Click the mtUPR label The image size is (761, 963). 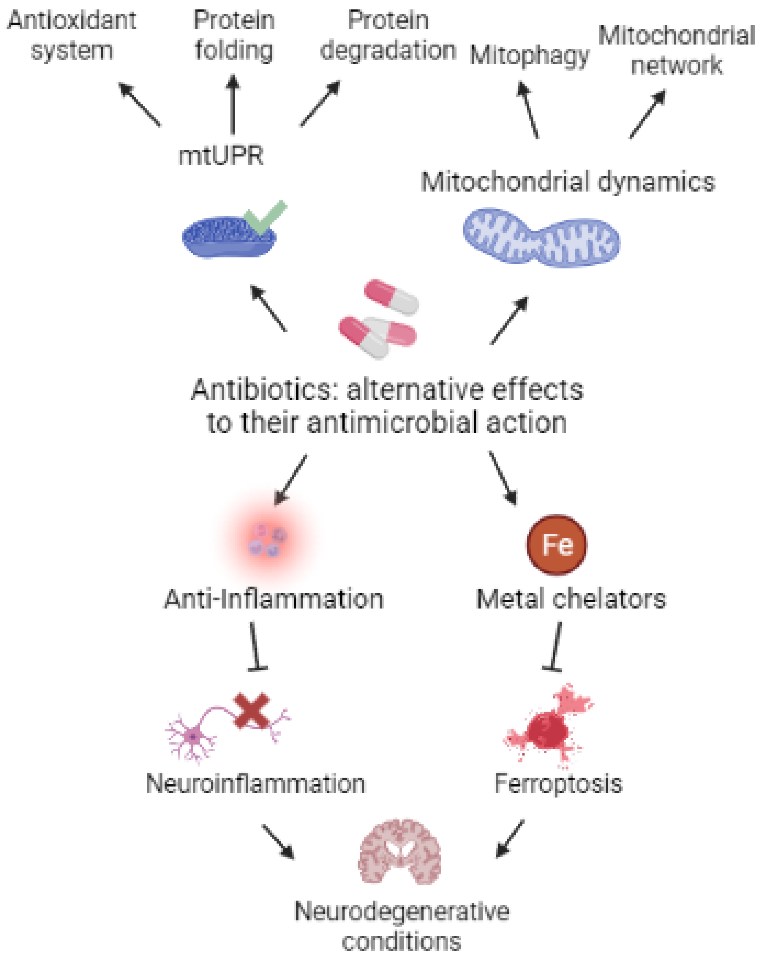tap(221, 156)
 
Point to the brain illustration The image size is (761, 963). tap(400, 852)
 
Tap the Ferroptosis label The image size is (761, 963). tap(558, 784)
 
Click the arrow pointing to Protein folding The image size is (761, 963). tap(232, 105)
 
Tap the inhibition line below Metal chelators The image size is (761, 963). tap(555, 646)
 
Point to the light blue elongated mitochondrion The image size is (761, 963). tap(541, 237)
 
